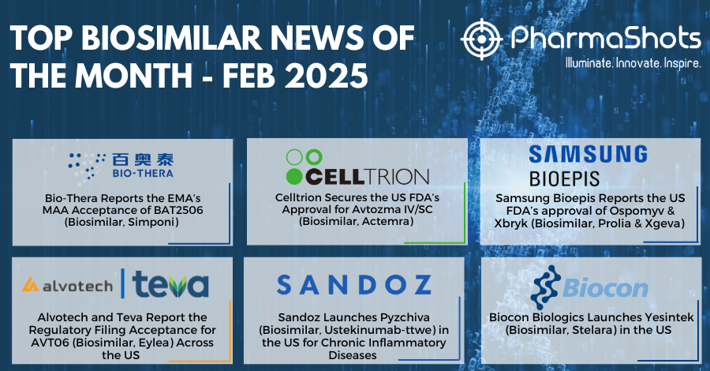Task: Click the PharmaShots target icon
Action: (481, 39)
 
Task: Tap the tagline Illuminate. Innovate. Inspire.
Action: (633, 63)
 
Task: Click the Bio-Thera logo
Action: (121, 167)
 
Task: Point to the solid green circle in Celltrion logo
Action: (294, 176)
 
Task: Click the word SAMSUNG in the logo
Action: (589, 155)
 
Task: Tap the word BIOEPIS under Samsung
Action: (564, 178)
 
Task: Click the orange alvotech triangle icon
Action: (30, 284)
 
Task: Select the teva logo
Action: (170, 284)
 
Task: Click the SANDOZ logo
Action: (354, 284)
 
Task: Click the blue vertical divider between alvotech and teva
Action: (123, 283)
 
